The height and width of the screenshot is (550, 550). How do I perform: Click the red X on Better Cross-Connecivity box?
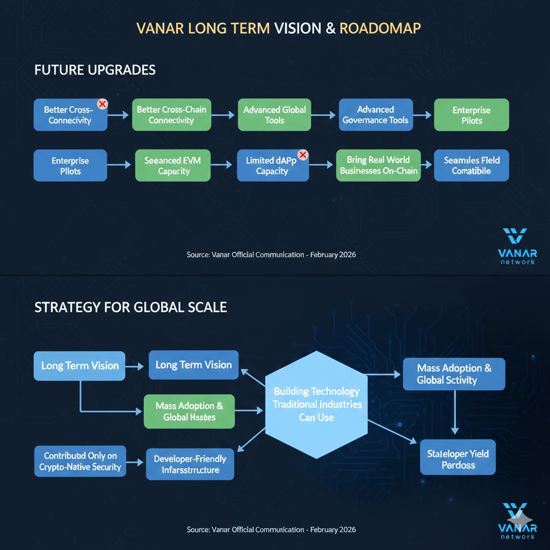coord(102,104)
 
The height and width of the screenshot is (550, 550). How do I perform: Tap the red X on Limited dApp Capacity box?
coord(302,155)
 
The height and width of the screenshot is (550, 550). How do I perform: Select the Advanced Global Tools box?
coord(274,115)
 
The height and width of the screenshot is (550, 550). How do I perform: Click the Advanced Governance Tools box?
coord(375,115)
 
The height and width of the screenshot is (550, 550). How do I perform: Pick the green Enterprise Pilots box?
coord(471,115)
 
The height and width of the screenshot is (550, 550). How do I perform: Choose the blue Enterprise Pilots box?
coord(70,165)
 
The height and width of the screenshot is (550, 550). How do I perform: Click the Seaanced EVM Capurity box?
coord(173,165)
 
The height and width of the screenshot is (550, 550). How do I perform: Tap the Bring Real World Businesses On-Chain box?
coord(378,165)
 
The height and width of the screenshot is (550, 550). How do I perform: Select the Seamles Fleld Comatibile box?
coord(471,165)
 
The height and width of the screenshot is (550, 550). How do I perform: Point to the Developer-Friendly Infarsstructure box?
coord(190,464)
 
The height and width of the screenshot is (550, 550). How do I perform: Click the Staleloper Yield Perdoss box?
coord(458,459)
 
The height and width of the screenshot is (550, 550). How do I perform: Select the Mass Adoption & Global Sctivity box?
coord(454,374)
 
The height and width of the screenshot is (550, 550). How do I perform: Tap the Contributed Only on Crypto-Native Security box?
coord(80,461)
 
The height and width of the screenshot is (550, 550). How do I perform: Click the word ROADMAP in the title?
coord(380,28)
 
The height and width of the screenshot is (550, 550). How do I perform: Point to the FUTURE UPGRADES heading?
coord(95,70)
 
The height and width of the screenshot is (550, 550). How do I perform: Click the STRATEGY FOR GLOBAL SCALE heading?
coord(131,307)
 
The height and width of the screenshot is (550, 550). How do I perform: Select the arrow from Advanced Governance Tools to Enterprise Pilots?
coord(423,115)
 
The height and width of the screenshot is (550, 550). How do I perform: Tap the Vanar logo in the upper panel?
coord(516,246)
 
